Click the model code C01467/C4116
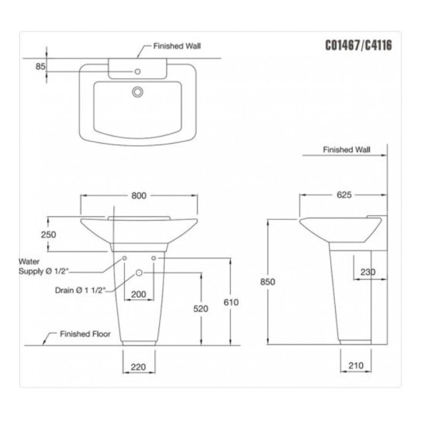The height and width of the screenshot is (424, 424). (359, 46)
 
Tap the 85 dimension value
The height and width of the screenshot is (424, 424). (40, 66)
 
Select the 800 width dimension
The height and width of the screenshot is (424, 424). (139, 196)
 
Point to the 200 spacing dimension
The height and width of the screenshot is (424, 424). (138, 294)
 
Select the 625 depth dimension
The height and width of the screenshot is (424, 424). (344, 195)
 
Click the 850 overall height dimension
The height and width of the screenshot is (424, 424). (267, 282)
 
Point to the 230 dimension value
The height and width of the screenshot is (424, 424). (367, 272)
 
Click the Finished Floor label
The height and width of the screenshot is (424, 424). (85, 334)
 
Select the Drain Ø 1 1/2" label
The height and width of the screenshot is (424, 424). (80, 291)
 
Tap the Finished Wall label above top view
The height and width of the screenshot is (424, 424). (177, 47)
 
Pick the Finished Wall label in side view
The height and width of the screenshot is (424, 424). (346, 150)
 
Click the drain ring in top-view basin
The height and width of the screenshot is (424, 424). (138, 91)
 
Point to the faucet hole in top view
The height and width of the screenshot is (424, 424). (138, 72)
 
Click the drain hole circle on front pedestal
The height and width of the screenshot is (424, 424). (139, 273)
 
